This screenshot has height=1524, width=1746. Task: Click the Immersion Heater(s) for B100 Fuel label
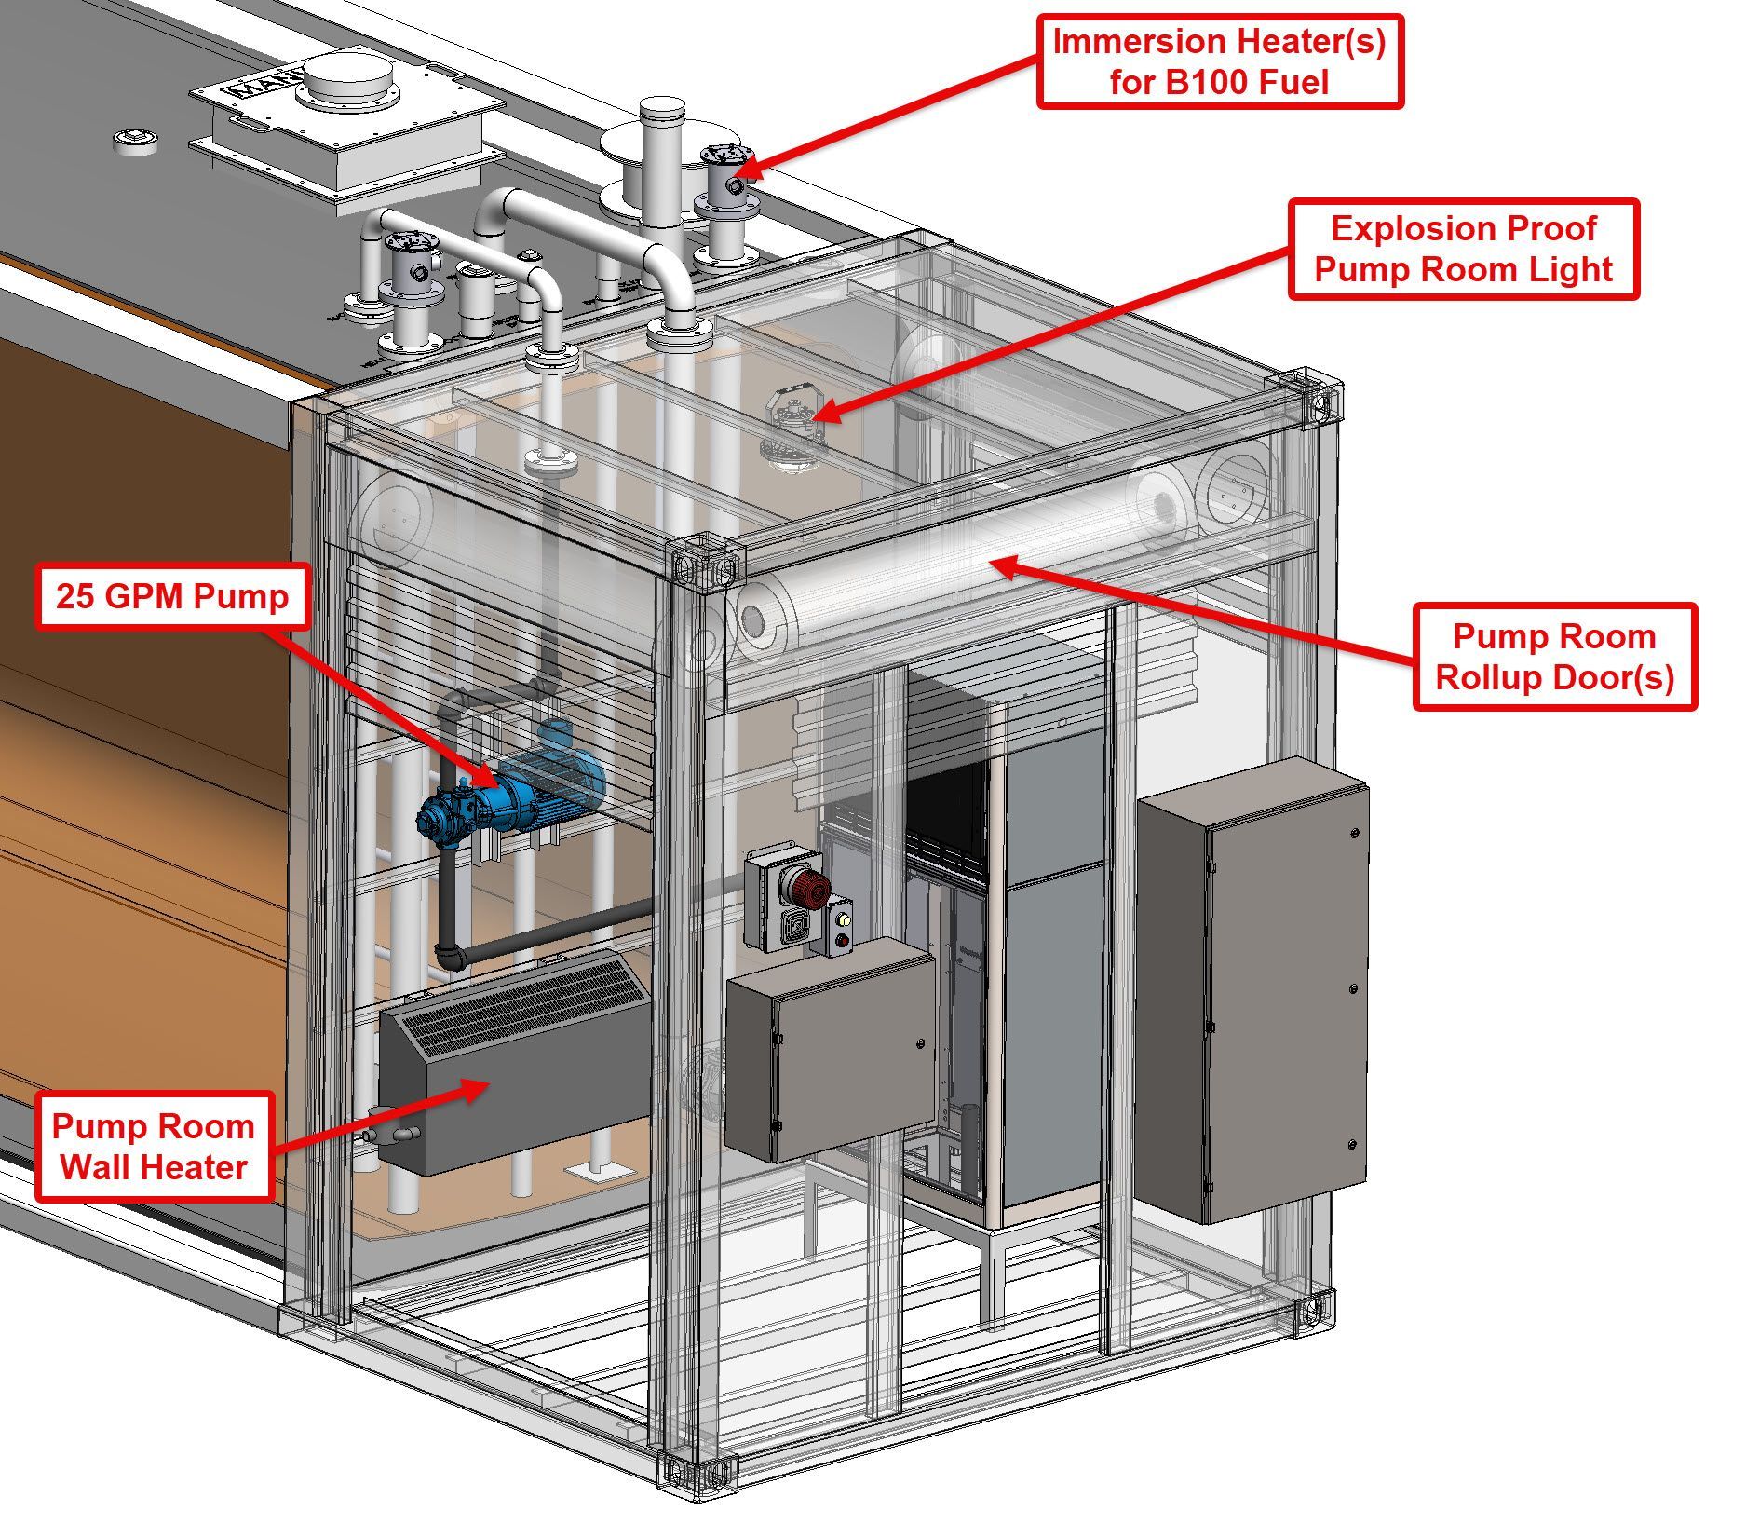point(1219,61)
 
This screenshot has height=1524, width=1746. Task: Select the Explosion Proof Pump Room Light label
point(1463,249)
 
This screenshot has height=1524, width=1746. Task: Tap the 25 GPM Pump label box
point(173,596)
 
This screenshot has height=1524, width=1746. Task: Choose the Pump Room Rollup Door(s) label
point(1554,657)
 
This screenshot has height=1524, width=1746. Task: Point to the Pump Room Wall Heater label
point(154,1147)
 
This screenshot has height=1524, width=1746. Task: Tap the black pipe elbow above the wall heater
point(450,956)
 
